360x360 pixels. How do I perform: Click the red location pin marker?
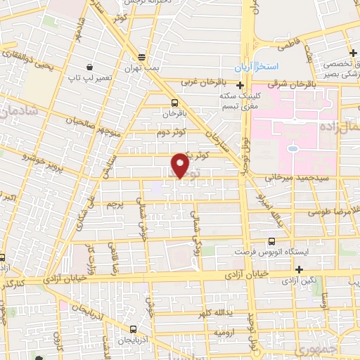click(x=180, y=165)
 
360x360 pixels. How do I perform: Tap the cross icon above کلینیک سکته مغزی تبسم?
click(x=240, y=85)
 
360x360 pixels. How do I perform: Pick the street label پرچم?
click(x=114, y=204)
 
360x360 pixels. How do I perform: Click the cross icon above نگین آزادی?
click(x=300, y=269)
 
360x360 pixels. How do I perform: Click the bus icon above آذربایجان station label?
click(x=134, y=328)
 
